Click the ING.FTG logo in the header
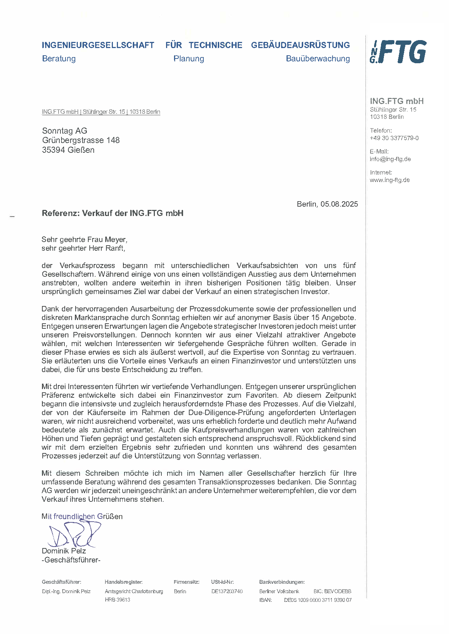[x=398, y=52]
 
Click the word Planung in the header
[x=189, y=59]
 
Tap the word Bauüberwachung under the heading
[x=318, y=59]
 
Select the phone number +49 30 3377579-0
[x=394, y=138]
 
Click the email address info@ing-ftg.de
[x=390, y=159]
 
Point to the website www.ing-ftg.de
[x=390, y=180]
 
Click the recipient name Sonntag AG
[x=64, y=131]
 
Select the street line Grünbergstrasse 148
[x=81, y=140]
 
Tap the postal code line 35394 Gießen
[x=68, y=150]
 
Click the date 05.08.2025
[x=339, y=204]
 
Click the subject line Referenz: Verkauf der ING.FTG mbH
[x=113, y=213]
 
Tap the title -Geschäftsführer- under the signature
[x=71, y=560]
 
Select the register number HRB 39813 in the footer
[x=117, y=600]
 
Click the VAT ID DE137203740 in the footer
[x=227, y=591]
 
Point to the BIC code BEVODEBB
[x=338, y=591]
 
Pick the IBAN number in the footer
[x=318, y=600]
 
